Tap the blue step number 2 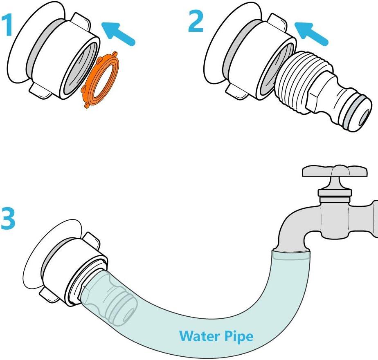tap(196, 21)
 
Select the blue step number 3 tap(8, 219)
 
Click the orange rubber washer tap(101, 79)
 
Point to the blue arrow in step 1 tap(118, 33)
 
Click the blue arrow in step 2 tap(311, 33)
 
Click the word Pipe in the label tap(239, 337)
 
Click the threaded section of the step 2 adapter tap(303, 82)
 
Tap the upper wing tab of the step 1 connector tap(81, 21)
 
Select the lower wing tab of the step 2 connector tap(236, 91)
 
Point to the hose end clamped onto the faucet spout tap(290, 255)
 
